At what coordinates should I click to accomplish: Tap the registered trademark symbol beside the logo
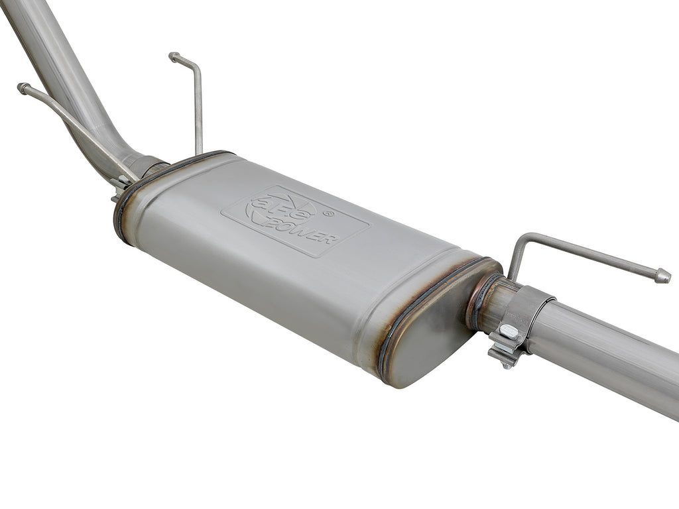point(328,213)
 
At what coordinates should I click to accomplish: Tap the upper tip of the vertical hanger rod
point(174,57)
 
